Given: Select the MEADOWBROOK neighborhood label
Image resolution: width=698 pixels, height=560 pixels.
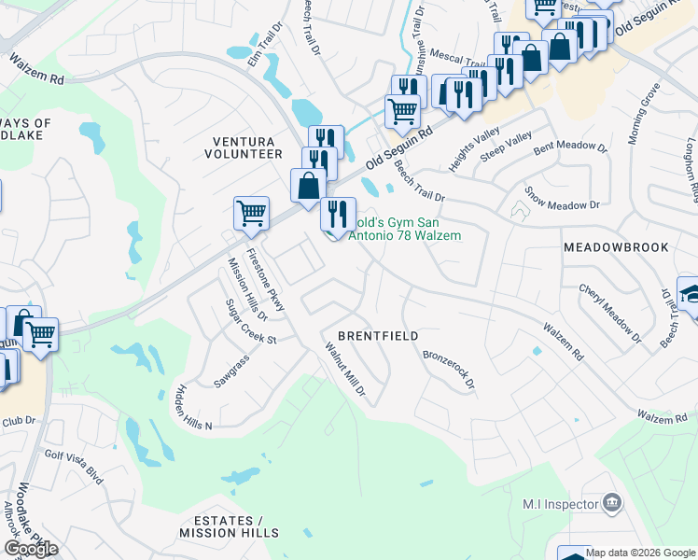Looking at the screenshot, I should [616, 247].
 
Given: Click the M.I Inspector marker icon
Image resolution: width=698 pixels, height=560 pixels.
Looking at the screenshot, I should [612, 504].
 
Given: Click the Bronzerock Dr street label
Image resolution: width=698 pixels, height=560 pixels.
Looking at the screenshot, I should [449, 369].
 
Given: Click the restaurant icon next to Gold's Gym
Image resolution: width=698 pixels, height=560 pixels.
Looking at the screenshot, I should [338, 214].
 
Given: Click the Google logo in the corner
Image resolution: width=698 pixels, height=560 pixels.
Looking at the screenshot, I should [31, 549].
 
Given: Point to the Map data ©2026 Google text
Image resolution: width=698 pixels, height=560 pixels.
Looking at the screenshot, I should [640, 552].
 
